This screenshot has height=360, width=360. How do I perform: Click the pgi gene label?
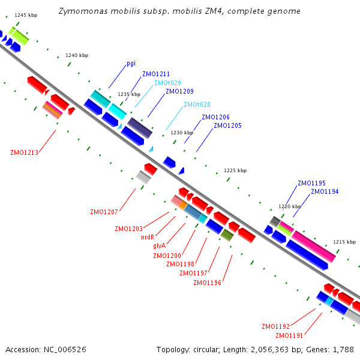pos(131,64)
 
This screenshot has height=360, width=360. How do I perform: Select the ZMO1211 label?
pos(156,74)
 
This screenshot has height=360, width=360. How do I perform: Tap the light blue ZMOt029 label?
pos(167,83)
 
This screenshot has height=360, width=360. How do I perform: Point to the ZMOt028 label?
pos(197,104)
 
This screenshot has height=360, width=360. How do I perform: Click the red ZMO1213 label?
pos(25,152)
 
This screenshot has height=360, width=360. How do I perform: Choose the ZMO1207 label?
pos(104,212)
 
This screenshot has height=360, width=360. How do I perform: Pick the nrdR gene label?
pos(148,237)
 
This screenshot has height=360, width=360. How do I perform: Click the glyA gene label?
pos(160,246)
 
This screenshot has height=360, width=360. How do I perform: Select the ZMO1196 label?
pos(208,283)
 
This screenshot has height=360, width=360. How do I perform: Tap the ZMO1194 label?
pos(325,191)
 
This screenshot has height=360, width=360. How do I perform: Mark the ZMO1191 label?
pos(289,335)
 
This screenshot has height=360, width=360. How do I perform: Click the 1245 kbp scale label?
pos(26,15)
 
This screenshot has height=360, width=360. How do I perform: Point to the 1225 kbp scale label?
pos(235,170)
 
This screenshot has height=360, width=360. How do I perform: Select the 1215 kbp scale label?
pos(344,242)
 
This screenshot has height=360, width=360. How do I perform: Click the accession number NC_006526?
pos(65,350)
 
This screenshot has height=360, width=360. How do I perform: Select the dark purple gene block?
pos(140,128)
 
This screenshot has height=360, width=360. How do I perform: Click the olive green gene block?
pos(227,235)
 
